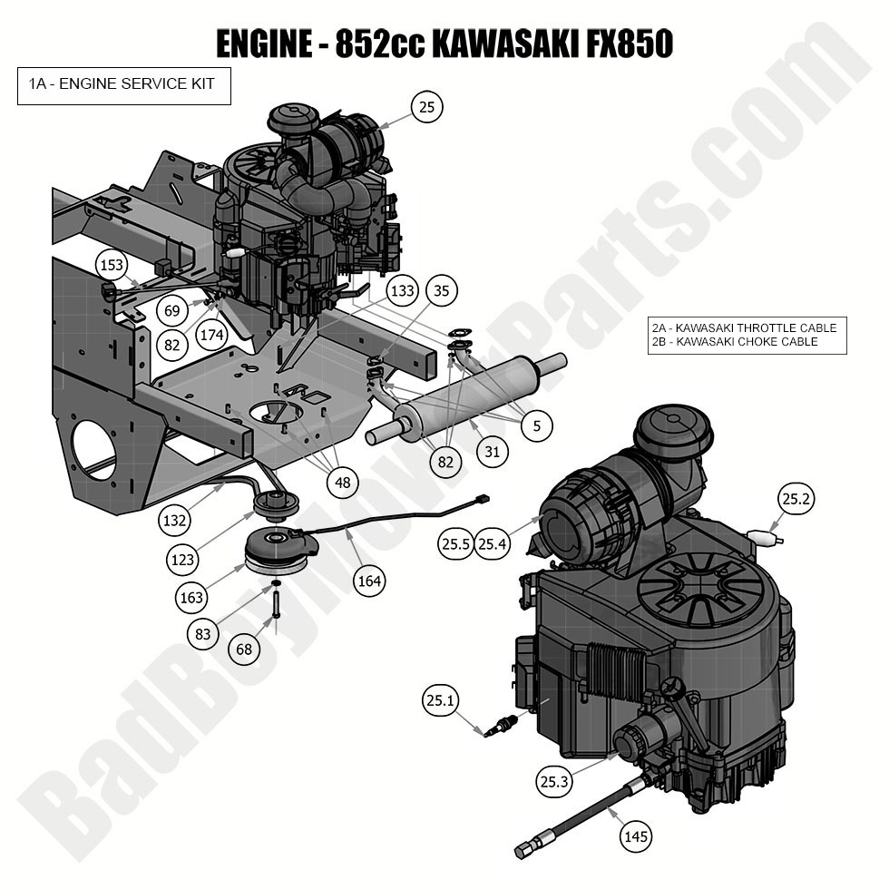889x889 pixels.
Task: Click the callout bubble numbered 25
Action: pos(427,107)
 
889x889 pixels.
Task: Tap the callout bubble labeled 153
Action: pos(112,265)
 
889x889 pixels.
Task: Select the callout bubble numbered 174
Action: pos(211,336)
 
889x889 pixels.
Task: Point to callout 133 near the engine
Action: pos(403,291)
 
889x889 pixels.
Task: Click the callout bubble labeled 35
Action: pos(441,291)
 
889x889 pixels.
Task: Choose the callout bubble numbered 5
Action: pos(536,425)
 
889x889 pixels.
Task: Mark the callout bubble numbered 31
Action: pos(492,451)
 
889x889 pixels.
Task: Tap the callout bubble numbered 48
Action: pos(342,483)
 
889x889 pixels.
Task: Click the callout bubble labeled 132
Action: pos(174,521)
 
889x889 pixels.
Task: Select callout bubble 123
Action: pos(183,560)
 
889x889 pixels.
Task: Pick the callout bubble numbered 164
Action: pos(369,581)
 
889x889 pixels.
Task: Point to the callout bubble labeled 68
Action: pos(244,650)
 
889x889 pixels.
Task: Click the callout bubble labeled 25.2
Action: pos(796,498)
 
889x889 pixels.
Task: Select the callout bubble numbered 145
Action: pos(636,836)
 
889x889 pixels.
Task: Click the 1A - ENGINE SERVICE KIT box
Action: pos(124,85)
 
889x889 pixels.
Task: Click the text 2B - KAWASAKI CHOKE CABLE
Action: pos(734,342)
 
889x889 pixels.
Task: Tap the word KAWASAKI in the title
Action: pos(503,42)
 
